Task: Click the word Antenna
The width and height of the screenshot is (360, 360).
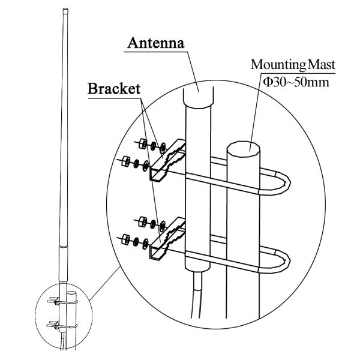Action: coord(156,43)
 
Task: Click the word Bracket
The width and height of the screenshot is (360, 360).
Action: coord(114,89)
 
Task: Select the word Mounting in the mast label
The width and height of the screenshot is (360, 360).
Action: coord(278,65)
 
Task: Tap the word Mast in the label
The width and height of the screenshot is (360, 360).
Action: coord(321,65)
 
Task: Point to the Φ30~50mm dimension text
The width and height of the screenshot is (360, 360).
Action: coord(296,82)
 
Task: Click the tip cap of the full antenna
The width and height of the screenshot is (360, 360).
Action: coord(65,11)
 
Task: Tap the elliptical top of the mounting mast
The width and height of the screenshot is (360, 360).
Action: coord(244,149)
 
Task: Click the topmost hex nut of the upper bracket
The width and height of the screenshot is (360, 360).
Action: coord(143,143)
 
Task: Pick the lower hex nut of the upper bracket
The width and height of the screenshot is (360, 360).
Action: coord(126,161)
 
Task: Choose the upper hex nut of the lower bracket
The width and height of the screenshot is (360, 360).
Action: coord(143,221)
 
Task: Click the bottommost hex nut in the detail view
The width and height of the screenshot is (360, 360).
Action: coord(126,239)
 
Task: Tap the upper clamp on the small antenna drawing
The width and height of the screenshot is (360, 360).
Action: coord(62,301)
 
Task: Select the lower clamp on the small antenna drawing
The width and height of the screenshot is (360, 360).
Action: coord(62,325)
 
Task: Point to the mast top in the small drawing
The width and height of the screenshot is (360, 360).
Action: coord(71,293)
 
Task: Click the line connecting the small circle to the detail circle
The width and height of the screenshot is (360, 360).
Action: coord(105,283)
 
